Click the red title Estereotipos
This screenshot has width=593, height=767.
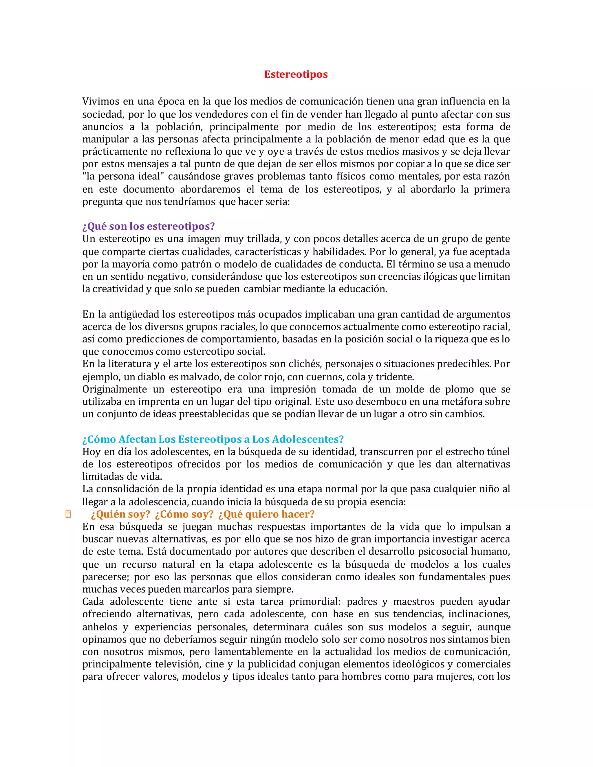(296, 74)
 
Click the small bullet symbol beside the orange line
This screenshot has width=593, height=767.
(68, 515)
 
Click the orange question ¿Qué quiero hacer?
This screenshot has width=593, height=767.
(266, 515)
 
